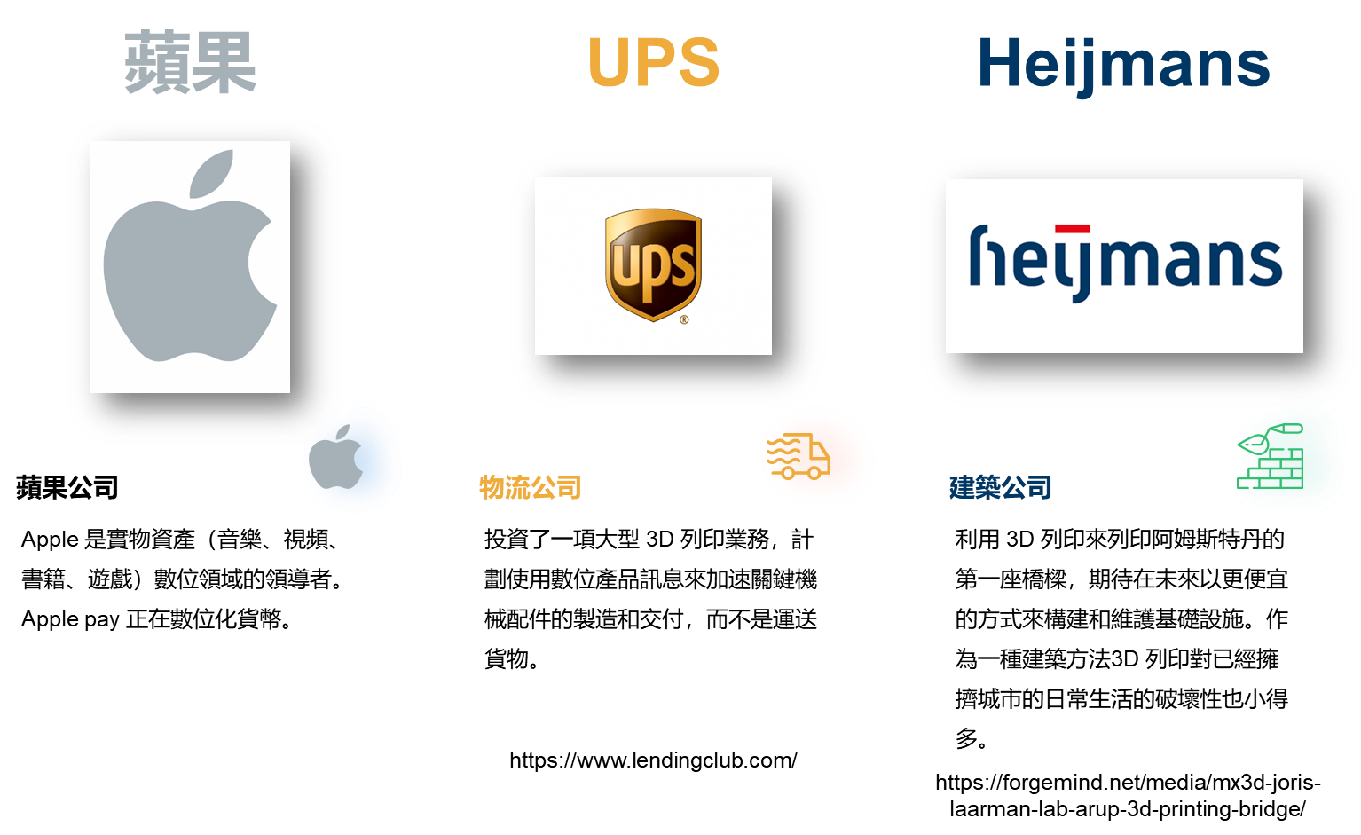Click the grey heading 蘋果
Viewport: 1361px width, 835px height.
tap(191, 63)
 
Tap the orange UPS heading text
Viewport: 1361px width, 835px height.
tap(653, 63)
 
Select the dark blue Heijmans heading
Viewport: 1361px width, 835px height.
tap(1123, 64)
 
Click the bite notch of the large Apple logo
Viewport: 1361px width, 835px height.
tap(263, 263)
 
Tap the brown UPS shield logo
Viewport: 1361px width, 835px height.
tap(653, 264)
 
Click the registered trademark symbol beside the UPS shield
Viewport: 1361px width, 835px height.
tap(684, 319)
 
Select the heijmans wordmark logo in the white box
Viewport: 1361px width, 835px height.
tap(1124, 263)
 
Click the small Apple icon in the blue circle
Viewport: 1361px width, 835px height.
tap(337, 457)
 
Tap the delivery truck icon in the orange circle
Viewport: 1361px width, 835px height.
tap(799, 457)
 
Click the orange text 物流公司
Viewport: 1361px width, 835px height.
tap(530, 487)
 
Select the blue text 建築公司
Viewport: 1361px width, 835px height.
tap(1000, 487)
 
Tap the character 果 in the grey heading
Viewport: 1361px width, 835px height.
tap(224, 63)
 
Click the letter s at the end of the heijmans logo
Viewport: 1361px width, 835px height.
tap(1268, 264)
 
